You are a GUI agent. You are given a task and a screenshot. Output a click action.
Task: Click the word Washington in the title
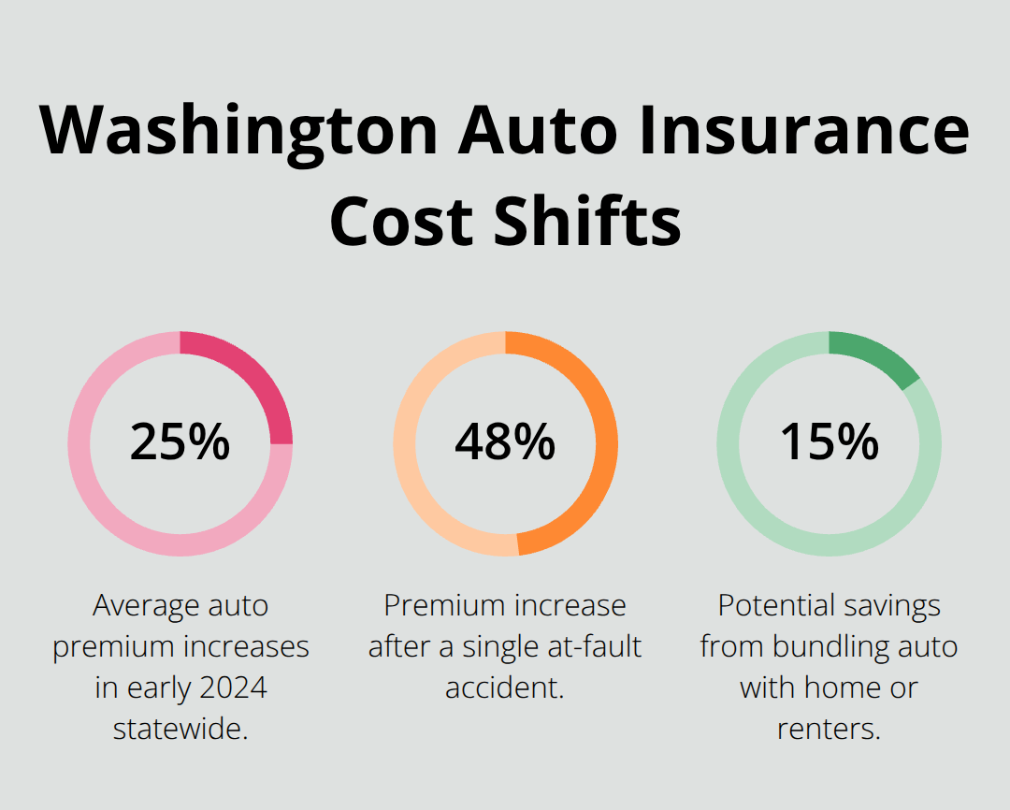pyautogui.click(x=239, y=132)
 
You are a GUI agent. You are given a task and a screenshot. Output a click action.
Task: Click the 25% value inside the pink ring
pyautogui.click(x=180, y=442)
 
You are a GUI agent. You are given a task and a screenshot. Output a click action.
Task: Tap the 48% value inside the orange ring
pyautogui.click(x=505, y=442)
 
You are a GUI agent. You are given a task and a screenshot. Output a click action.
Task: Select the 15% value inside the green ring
pyautogui.click(x=829, y=442)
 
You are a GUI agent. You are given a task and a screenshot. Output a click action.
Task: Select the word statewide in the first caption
pyautogui.click(x=180, y=728)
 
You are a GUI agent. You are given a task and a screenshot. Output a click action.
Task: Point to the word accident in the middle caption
pyautogui.click(x=505, y=687)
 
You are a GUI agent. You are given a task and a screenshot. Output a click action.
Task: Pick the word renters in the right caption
pyautogui.click(x=829, y=728)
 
